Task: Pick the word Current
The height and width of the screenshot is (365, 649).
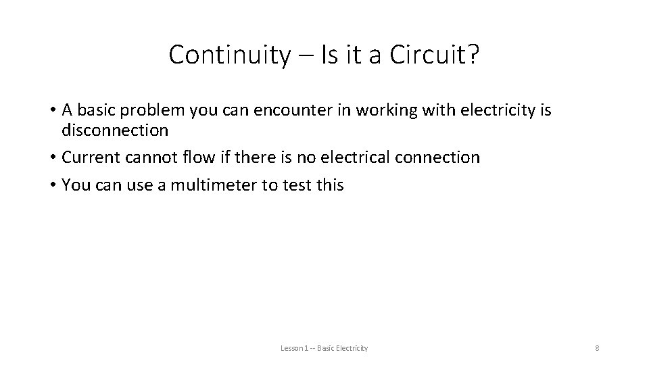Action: click(93, 157)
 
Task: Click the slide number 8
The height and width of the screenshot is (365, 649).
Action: click(597, 348)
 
